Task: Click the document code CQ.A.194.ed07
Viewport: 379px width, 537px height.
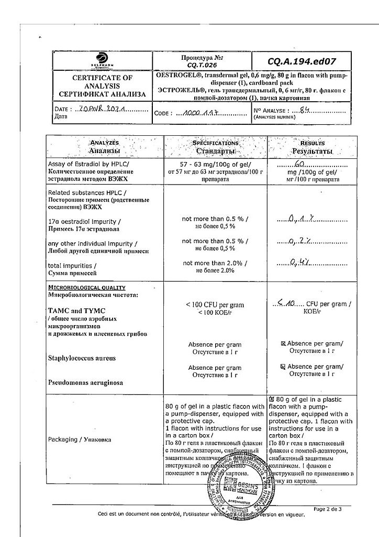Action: tap(305, 61)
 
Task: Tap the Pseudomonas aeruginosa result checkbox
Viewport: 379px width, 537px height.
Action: tap(283, 367)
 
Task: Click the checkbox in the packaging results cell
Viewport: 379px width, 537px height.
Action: tap(271, 399)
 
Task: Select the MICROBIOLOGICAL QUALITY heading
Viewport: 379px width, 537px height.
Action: tap(86, 287)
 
